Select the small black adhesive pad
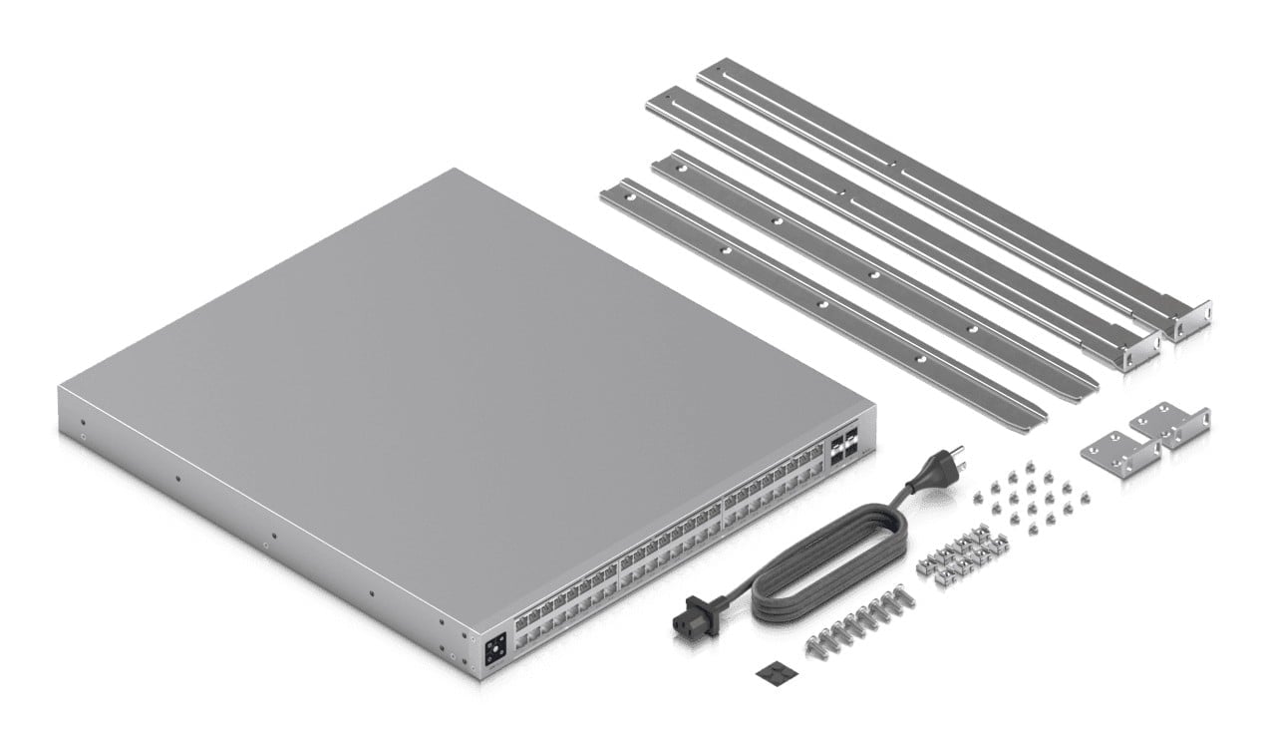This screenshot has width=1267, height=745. [769, 674]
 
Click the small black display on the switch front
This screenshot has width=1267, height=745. [495, 652]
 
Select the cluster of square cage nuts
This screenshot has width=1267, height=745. [961, 556]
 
